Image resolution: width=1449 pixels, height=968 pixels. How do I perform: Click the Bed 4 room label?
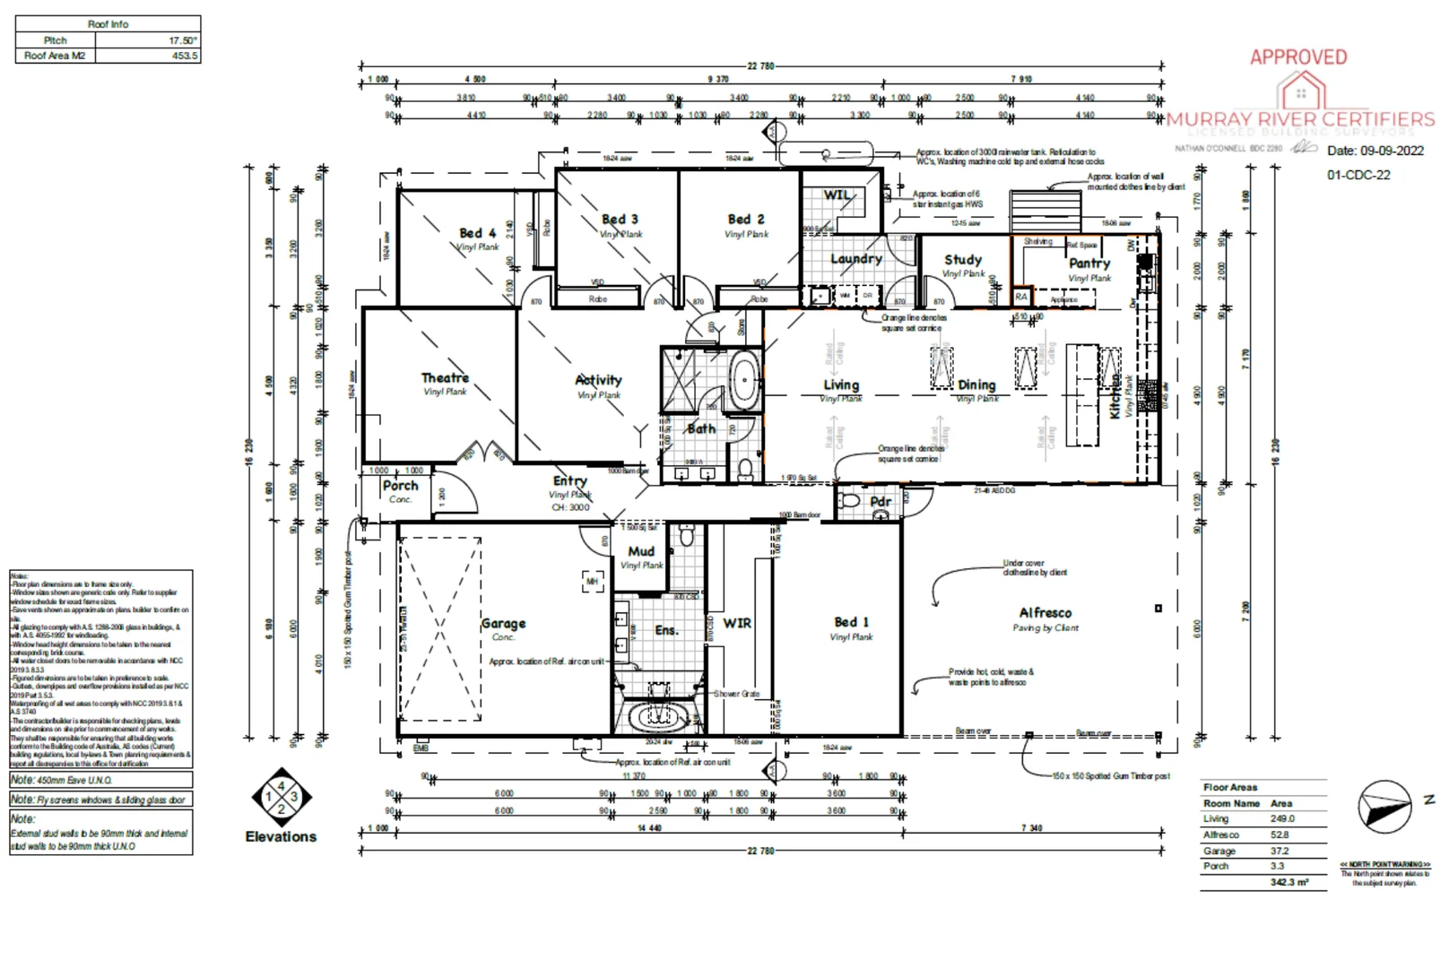pyautogui.click(x=477, y=233)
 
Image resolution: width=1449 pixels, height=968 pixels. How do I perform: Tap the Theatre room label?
pyautogui.click(x=445, y=378)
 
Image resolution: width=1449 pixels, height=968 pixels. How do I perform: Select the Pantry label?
pyautogui.click(x=1089, y=264)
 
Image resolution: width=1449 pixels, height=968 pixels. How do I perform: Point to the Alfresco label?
pyautogui.click(x=1045, y=613)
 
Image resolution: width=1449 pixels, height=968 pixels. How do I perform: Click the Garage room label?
pyautogui.click(x=503, y=623)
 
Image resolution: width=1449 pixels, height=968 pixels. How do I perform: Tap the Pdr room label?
pyautogui.click(x=881, y=502)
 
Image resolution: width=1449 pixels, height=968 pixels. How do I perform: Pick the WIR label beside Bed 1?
pyautogui.click(x=737, y=623)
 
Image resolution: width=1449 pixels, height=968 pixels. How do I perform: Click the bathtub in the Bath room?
pyautogui.click(x=742, y=382)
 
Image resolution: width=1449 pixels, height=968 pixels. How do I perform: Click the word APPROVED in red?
pyautogui.click(x=1298, y=57)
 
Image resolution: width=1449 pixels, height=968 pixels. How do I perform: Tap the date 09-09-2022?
pyautogui.click(x=1392, y=151)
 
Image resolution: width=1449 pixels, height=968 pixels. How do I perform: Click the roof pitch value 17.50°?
pyautogui.click(x=182, y=40)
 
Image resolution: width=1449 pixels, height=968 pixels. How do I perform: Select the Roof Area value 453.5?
pyautogui.click(x=184, y=56)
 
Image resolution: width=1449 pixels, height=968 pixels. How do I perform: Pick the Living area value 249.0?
pyautogui.click(x=1282, y=818)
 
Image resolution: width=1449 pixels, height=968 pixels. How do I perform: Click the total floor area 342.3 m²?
pyautogui.click(x=1288, y=883)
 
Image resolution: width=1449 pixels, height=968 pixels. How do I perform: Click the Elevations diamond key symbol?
pyautogui.click(x=281, y=796)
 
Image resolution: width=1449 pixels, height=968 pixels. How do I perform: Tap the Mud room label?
pyautogui.click(x=641, y=551)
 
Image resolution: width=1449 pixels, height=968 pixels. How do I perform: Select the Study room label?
pyautogui.click(x=962, y=260)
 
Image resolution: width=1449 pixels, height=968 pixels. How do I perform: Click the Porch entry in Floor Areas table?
pyautogui.click(x=1216, y=866)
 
